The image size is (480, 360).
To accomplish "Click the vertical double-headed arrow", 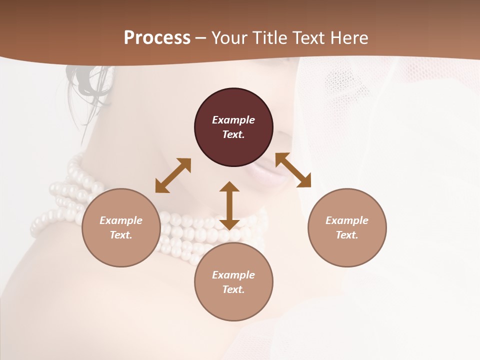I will (229, 205).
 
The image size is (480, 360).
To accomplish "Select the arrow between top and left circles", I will (173, 175).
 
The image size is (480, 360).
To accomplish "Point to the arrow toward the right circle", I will (293, 170).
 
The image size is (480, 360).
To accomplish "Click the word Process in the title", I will (157, 37).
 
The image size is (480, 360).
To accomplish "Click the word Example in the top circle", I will (233, 120).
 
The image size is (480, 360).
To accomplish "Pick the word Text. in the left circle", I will (121, 235).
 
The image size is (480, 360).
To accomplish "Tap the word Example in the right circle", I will (347, 220).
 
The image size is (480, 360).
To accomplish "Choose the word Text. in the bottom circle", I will (233, 289).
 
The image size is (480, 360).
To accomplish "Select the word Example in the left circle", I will (121, 220).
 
